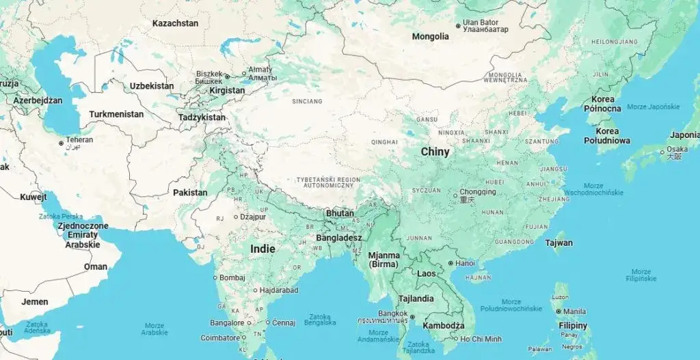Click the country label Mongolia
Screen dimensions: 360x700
[x=430, y=36]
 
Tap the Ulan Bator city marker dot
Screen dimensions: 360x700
[x=457, y=27]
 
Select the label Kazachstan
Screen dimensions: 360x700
[x=175, y=23]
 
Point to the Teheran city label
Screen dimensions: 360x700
[x=79, y=140]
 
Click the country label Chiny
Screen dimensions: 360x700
[x=435, y=152]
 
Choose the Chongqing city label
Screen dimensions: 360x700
[x=477, y=192]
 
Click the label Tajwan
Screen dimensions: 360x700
[x=559, y=243]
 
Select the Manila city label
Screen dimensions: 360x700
[x=575, y=311]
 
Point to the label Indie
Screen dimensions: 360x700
[x=262, y=249]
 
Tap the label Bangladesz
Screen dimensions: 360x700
[x=339, y=238]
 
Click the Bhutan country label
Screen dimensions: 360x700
[x=340, y=213]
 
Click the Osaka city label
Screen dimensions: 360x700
[x=677, y=150]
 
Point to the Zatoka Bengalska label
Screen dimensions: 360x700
[x=321, y=320]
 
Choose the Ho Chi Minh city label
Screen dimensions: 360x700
[x=481, y=339]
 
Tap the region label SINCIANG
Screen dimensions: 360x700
[x=306, y=101]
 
